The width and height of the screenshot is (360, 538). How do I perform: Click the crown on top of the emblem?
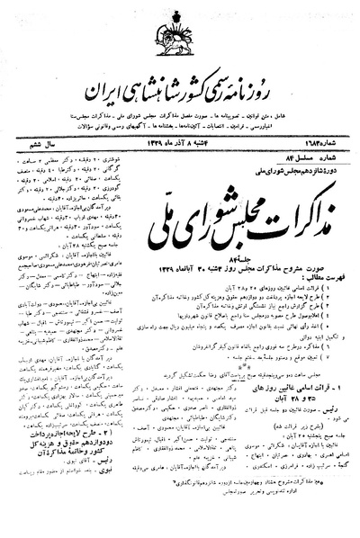click(x=180, y=15)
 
